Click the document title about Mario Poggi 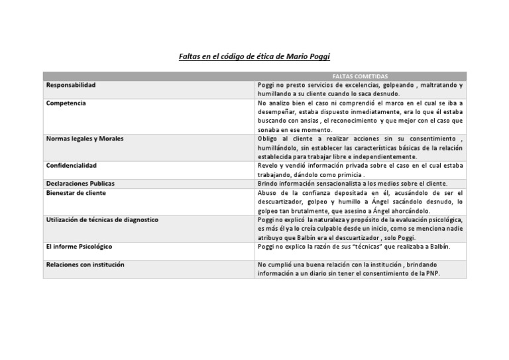[254, 58]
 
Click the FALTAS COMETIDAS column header [360, 76]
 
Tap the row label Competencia [66, 103]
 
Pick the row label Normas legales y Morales [84, 139]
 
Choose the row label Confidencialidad [72, 165]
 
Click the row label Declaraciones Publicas [80, 183]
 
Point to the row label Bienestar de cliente [76, 192]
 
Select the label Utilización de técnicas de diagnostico [102, 219]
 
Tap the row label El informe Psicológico [79, 246]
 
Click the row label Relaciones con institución [85, 265]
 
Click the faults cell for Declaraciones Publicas [353, 183]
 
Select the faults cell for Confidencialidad [360, 169]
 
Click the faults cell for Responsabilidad [360, 90]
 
